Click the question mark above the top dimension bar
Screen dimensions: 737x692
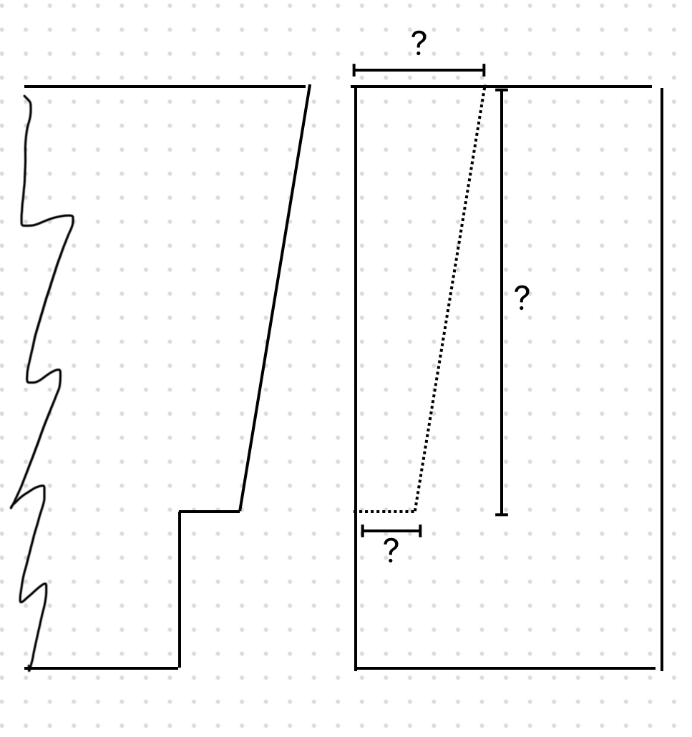tap(419, 45)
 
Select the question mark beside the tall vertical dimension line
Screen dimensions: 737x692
tap(522, 298)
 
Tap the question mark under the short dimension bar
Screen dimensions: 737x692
tap(391, 551)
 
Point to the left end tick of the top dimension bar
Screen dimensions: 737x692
tap(354, 70)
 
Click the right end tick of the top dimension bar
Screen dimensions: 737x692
tap(484, 70)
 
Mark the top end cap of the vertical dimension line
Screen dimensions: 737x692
tap(502, 90)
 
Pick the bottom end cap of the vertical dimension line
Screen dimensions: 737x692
tap(502, 514)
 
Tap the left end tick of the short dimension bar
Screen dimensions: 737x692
tap(363, 531)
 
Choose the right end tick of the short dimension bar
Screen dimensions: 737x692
tap(420, 531)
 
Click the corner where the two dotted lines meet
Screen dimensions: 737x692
tap(414, 511)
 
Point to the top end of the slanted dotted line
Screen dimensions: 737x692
tap(484, 87)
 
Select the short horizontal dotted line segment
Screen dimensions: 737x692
tap(385, 511)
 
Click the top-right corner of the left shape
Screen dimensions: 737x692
tap(309, 87)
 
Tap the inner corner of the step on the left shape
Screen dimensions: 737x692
tap(180, 512)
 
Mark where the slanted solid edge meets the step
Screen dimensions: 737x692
tap(240, 511)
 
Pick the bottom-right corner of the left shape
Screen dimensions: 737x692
tap(179, 668)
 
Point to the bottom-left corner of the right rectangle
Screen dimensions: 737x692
tap(356, 668)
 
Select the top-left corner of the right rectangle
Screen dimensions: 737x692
tap(356, 87)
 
